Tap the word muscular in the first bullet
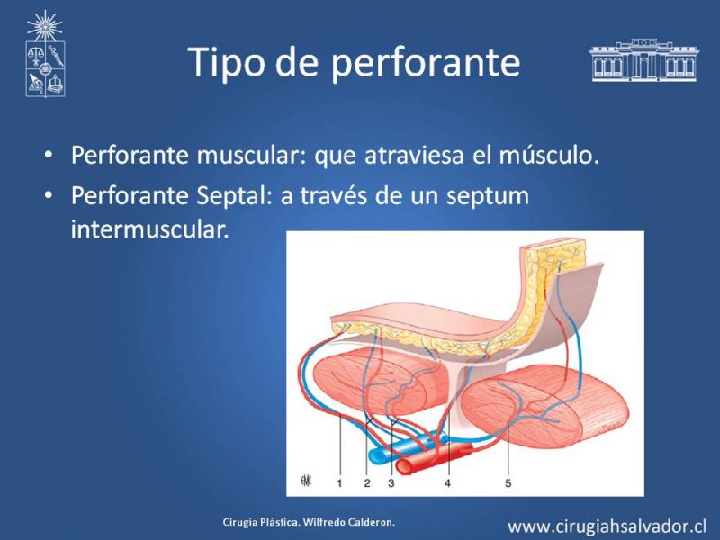[x=251, y=155]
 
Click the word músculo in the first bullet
[x=549, y=155]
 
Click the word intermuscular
[x=149, y=229]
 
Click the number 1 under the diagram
[x=339, y=482]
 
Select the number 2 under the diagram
[x=367, y=482]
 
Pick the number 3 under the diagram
[x=391, y=482]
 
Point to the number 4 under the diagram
[x=447, y=482]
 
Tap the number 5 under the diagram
[x=508, y=482]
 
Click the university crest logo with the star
[x=45, y=54]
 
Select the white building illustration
[x=643, y=60]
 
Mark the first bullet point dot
[x=49, y=156]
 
